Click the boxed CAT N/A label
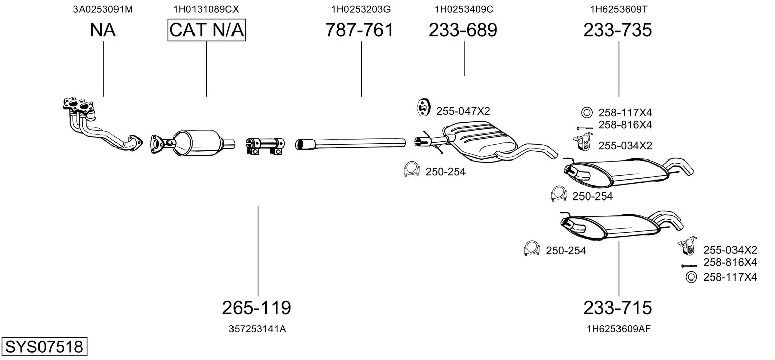tap(206, 30)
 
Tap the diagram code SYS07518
tap(44, 347)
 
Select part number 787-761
tap(359, 30)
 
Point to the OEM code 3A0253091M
tap(103, 9)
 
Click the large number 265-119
tap(256, 307)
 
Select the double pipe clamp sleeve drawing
tap(264, 145)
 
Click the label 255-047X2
tap(463, 111)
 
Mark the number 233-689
tap(463, 30)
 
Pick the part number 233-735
tap(617, 30)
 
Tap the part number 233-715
tap(617, 307)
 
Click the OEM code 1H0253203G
tap(361, 9)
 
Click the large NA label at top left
tap(103, 30)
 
